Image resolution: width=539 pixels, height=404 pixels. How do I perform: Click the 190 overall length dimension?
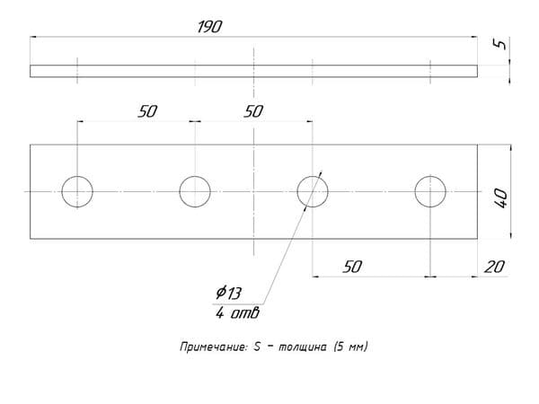pos(209,27)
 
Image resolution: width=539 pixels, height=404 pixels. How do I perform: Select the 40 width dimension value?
pos(500,198)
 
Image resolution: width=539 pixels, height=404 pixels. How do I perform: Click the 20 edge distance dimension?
pos(494,267)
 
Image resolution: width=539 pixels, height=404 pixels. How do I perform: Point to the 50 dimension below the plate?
pos(352,267)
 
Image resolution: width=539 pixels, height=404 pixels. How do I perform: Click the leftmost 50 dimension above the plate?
pos(147,111)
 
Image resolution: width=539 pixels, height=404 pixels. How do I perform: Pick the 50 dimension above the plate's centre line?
pos(253,111)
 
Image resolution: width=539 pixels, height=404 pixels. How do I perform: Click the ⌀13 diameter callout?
pos(228,293)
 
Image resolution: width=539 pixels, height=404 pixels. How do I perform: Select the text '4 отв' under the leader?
pos(237,313)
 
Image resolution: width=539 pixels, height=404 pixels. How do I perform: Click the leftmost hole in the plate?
pos(77,177)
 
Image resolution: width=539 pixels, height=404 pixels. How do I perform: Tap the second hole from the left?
pos(195,177)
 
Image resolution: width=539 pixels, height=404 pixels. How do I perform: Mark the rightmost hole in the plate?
pos(430,177)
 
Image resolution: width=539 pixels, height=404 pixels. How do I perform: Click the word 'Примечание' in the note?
pos(214,347)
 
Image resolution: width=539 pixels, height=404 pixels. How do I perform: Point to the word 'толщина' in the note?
pos(302,347)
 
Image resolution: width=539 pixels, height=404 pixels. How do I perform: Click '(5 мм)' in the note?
pos(350,347)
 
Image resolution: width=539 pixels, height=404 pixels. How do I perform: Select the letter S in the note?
pos(257,347)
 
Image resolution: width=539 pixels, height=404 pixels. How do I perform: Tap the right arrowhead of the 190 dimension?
pos(474,37)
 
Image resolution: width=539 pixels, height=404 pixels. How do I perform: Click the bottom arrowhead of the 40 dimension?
pos(511,234)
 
